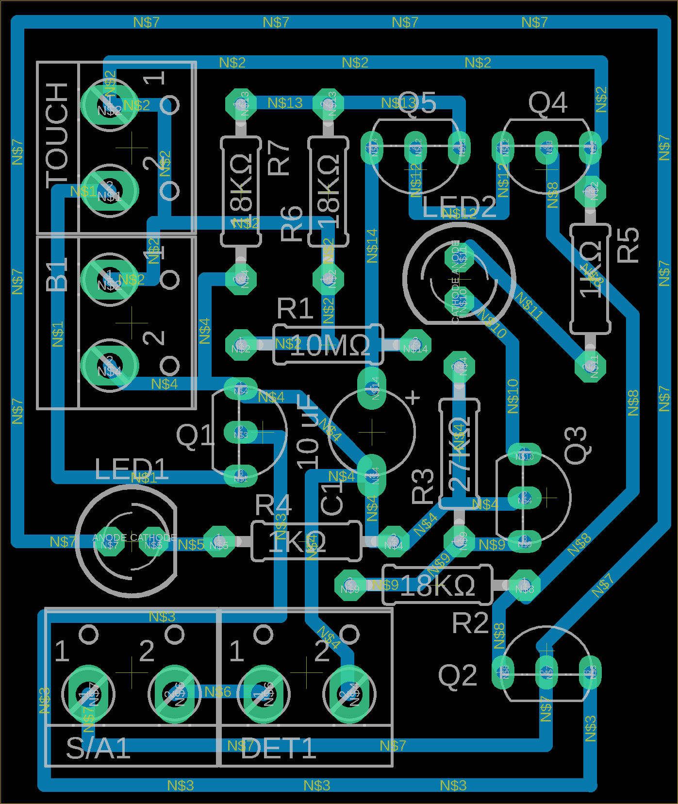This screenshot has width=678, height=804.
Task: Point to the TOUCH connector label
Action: click(57, 136)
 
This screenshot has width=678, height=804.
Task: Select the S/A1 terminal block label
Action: click(98, 748)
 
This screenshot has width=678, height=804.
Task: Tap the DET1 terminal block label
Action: click(278, 748)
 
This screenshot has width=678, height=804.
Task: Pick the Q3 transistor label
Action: click(578, 445)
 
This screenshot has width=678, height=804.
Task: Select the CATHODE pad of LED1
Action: click(153, 544)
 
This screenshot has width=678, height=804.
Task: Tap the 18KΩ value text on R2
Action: click(437, 586)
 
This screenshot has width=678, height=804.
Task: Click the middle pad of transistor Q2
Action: click(546, 672)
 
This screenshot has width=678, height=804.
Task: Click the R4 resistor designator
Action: click(273, 505)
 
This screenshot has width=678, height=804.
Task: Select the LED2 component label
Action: click(459, 208)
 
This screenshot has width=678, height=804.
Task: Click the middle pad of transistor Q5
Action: click(415, 147)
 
